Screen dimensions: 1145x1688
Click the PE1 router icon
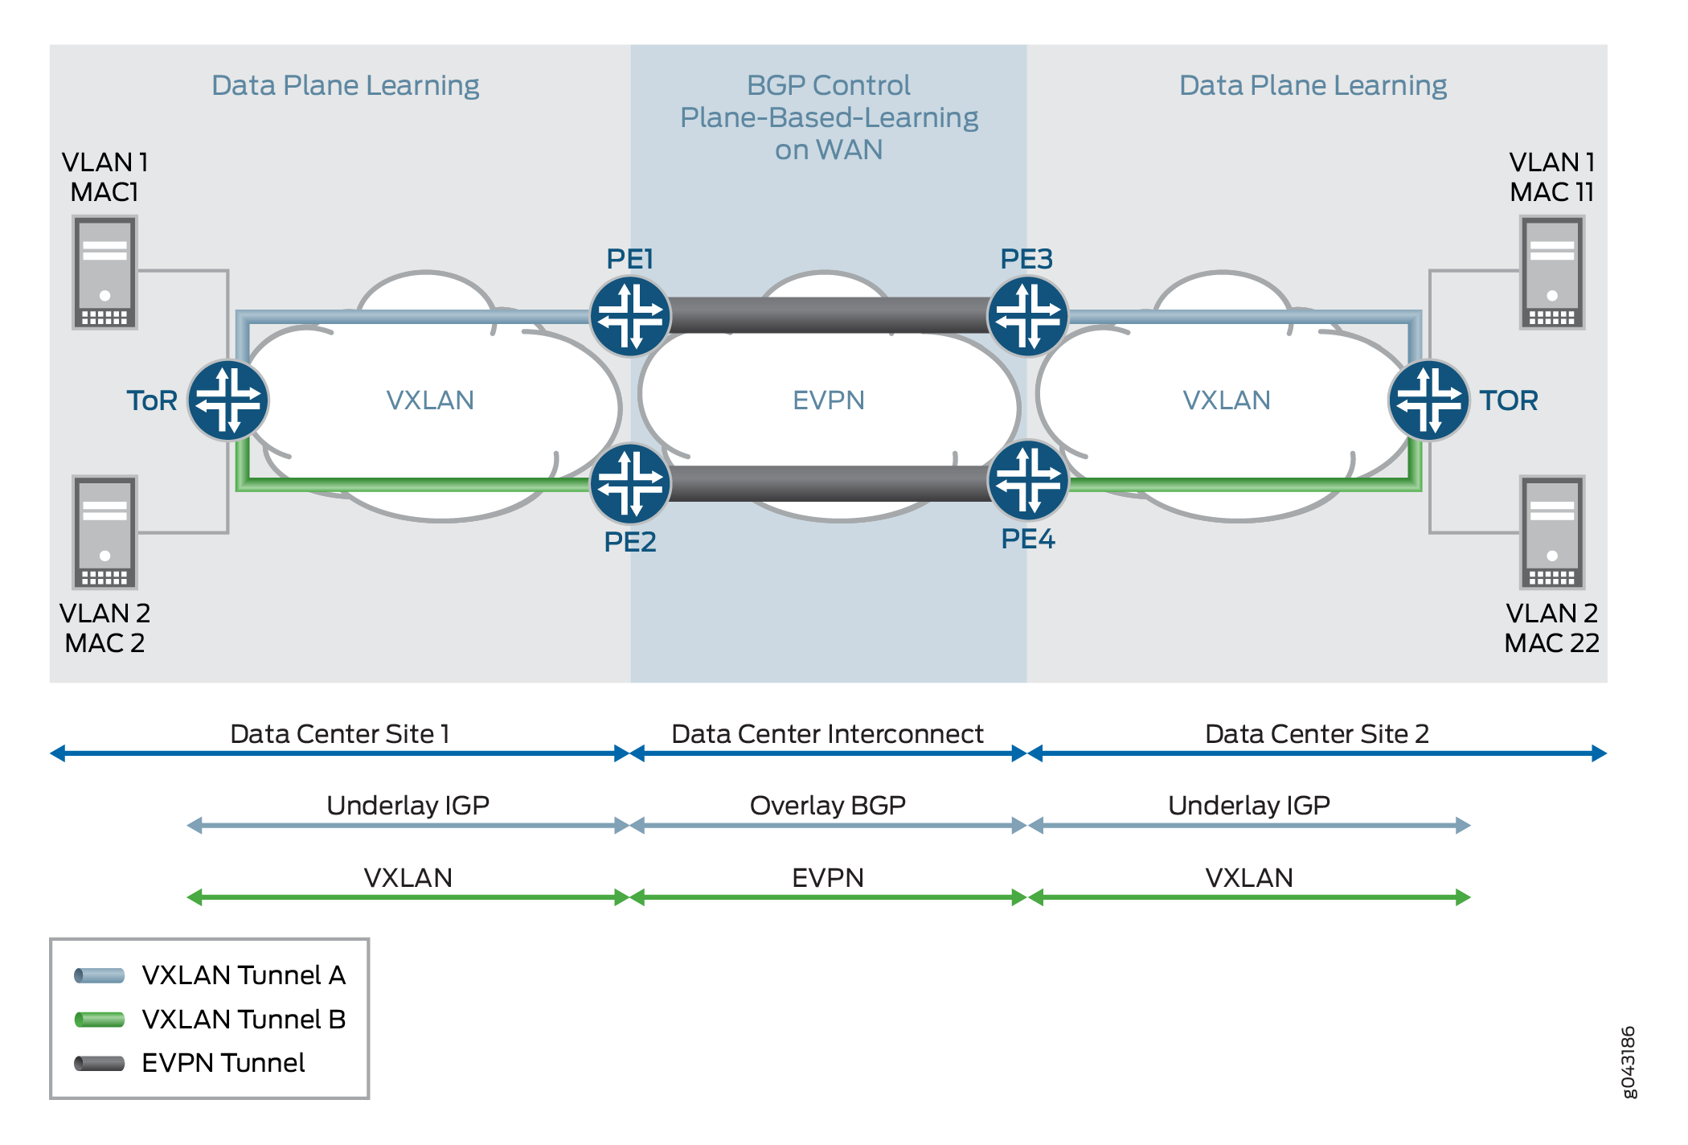pos(630,316)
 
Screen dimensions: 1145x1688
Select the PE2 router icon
pos(630,483)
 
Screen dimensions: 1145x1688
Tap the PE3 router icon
pos(1028,316)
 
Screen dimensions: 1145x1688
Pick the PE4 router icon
pos(1028,480)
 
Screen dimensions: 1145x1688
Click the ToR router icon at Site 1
pos(228,400)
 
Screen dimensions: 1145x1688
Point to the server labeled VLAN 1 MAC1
pos(104,273)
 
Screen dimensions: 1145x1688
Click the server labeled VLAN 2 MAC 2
pos(104,532)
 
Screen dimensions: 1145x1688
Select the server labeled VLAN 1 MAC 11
pos(1552,273)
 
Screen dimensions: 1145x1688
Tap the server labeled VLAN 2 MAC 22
pos(1552,532)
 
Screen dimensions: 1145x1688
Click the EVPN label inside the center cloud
pos(829,400)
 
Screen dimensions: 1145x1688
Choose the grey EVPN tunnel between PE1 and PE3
pos(829,315)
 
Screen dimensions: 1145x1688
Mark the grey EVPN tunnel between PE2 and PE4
pos(829,483)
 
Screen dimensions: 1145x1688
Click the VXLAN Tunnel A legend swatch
pos(100,976)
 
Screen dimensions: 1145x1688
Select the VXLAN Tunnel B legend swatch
pos(100,1020)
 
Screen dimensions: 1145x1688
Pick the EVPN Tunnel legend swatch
pos(100,1064)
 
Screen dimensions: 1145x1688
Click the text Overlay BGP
pos(828,806)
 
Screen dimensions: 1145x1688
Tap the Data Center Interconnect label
pos(827,734)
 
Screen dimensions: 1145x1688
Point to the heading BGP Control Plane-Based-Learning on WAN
pos(829,117)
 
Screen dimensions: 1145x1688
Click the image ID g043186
pos(1628,1061)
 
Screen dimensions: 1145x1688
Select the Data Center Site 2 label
pos(1317,734)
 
